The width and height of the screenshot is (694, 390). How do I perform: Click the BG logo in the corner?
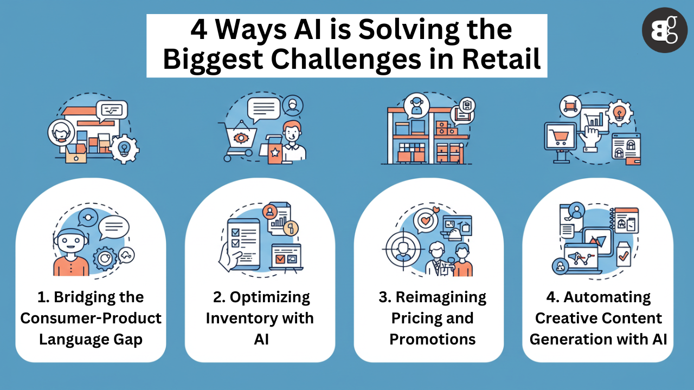tap(665, 30)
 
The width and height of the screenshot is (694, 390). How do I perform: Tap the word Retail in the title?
tap(502, 59)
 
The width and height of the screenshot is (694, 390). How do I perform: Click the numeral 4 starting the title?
tap(198, 30)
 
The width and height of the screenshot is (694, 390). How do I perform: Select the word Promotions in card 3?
tap(433, 339)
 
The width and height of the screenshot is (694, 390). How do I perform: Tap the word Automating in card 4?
tap(607, 298)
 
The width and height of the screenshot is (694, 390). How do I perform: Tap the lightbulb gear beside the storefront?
tap(125, 149)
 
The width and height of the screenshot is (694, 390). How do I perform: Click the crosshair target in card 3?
tap(403, 250)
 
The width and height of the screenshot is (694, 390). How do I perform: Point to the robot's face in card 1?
tap(70, 241)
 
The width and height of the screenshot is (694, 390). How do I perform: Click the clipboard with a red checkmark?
tap(624, 255)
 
